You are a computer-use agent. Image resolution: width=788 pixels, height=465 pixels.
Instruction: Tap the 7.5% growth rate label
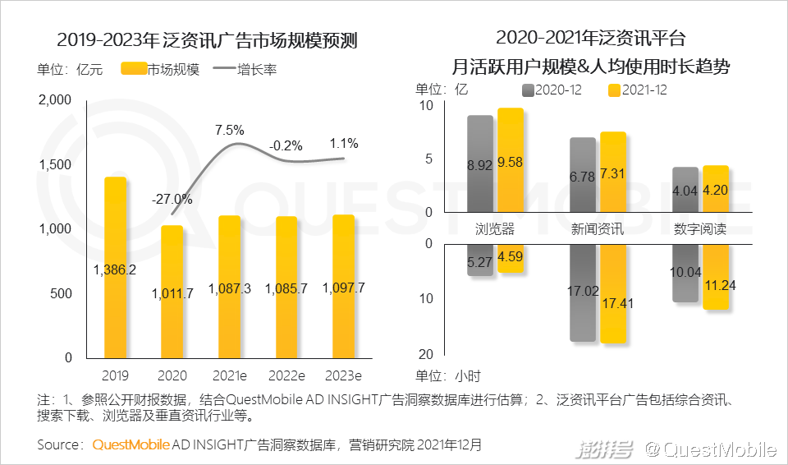click(230, 130)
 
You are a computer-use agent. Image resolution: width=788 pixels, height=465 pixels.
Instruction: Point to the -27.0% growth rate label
click(172, 199)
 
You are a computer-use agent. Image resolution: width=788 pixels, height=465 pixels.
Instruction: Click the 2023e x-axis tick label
click(343, 375)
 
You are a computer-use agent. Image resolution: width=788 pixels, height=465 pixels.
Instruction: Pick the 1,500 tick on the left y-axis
click(55, 164)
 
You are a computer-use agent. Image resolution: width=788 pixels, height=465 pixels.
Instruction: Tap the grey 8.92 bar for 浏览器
click(480, 164)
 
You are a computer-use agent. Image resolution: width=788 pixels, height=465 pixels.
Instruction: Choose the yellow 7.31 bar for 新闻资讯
click(613, 173)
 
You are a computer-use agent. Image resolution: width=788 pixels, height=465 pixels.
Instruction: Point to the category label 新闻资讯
click(598, 229)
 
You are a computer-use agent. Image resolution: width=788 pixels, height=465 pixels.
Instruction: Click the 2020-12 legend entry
click(552, 90)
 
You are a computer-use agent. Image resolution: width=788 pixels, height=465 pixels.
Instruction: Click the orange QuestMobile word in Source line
click(131, 444)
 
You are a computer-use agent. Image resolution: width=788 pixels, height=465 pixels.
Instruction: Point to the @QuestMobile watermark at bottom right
click(709, 449)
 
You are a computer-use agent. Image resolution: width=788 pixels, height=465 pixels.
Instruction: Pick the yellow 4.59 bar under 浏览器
click(510, 258)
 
